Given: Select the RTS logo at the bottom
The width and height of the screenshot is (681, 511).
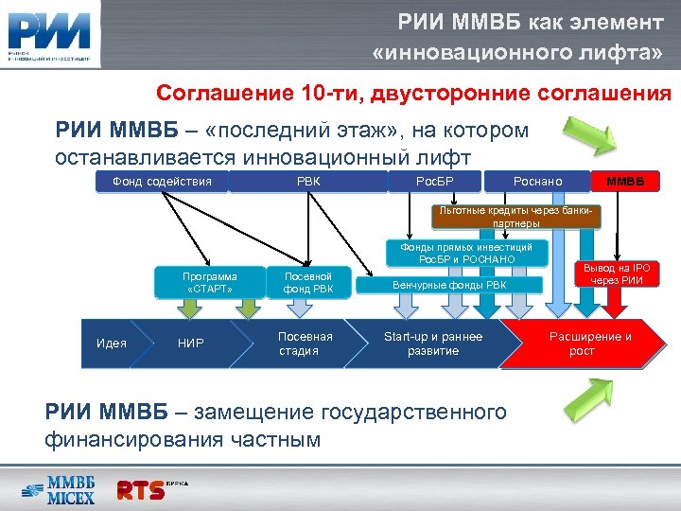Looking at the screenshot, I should [x=151, y=489].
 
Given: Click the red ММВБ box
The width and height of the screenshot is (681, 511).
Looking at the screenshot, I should [x=625, y=180].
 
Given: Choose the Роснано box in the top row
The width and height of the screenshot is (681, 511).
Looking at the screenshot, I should [x=536, y=180].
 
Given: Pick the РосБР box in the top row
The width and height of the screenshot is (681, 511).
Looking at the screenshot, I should [x=435, y=180].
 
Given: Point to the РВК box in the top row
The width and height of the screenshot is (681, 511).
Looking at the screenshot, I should [x=308, y=180].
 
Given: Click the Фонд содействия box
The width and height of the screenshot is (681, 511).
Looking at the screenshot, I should [x=162, y=180].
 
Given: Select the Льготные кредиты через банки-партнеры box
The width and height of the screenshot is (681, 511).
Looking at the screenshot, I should [x=516, y=217].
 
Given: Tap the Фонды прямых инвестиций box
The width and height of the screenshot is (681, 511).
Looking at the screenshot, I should [x=466, y=253].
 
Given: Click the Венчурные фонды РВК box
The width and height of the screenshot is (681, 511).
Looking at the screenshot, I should [x=449, y=284].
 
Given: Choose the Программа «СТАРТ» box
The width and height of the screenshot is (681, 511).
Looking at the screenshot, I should [x=210, y=283].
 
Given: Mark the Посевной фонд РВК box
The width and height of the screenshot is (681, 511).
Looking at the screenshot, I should [x=308, y=283].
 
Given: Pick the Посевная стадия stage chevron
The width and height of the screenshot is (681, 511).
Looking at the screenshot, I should [x=306, y=344].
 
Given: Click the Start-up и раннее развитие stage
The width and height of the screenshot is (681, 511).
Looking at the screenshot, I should [x=432, y=344].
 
